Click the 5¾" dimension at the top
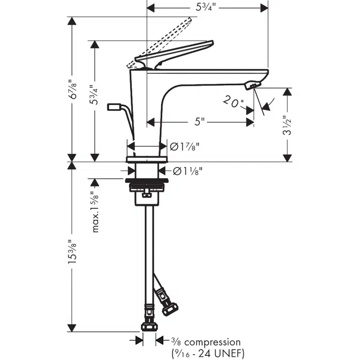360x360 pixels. (x=207, y=7)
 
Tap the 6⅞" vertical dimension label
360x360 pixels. (x=73, y=90)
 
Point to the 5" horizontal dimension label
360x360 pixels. (x=199, y=122)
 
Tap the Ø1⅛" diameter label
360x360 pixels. (x=188, y=171)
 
